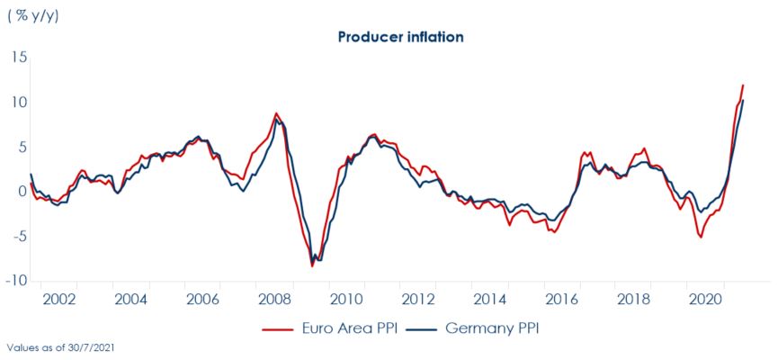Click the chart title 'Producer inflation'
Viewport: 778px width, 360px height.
[x=400, y=37]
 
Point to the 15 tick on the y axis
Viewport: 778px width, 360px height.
[x=19, y=58]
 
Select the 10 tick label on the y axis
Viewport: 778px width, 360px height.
[x=19, y=103]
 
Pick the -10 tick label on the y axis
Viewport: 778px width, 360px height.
[x=16, y=280]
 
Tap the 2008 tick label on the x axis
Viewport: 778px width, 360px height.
[x=273, y=299]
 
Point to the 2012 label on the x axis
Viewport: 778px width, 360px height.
[x=416, y=299]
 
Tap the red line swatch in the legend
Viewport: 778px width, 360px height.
[x=279, y=329]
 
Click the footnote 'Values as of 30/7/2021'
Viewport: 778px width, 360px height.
[x=59, y=346]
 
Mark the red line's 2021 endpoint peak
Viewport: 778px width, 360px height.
[x=743, y=85]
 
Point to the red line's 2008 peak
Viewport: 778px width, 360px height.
[x=276, y=113]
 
